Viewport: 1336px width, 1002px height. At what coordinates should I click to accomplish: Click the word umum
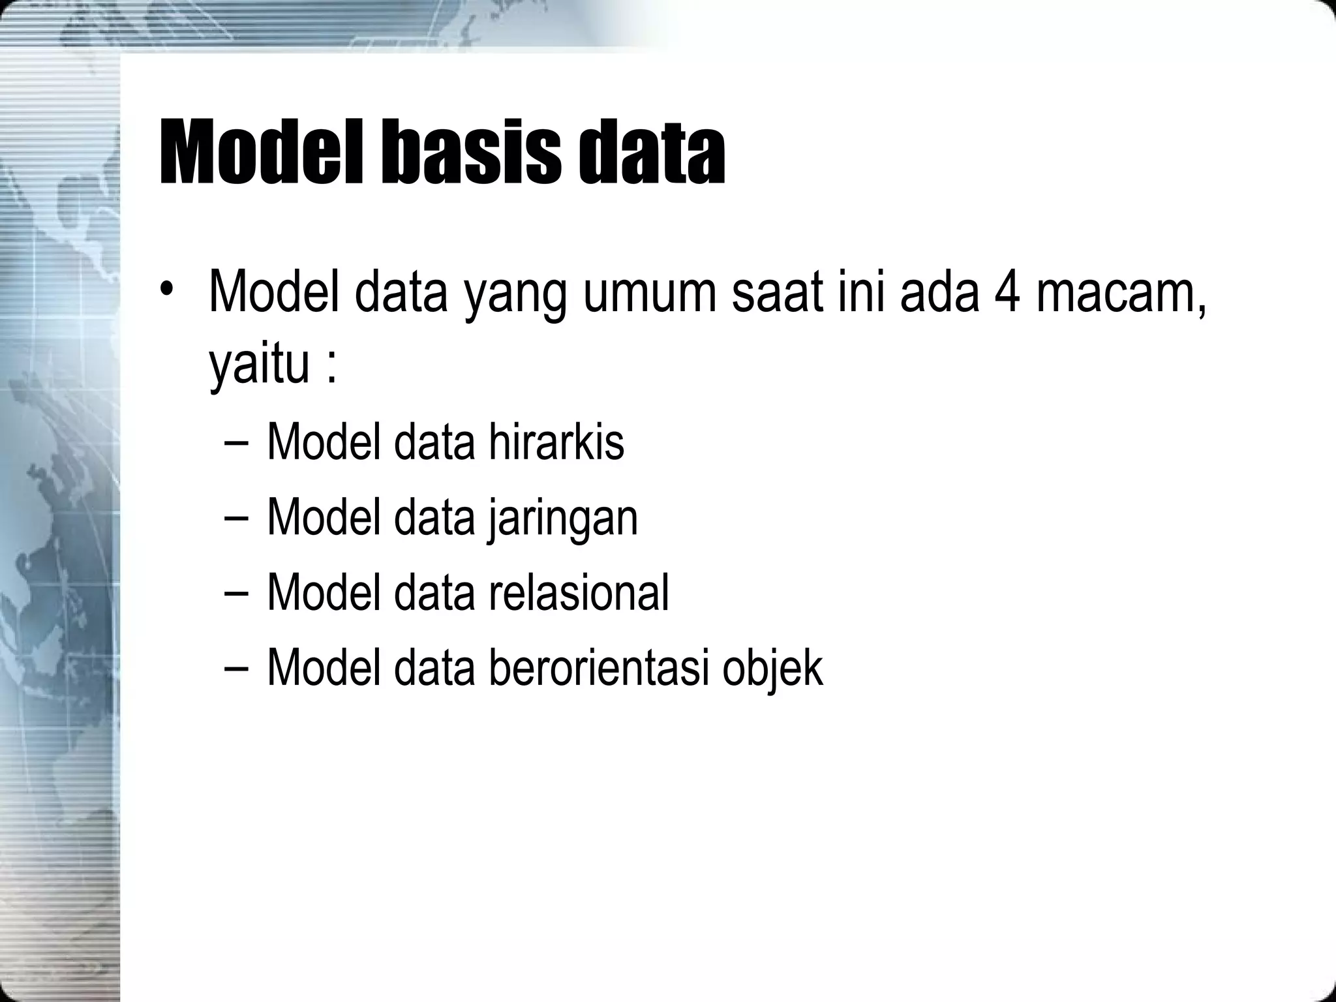[x=648, y=294]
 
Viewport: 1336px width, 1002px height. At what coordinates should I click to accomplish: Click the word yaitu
[x=259, y=365]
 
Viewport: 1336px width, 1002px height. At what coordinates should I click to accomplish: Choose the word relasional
[x=578, y=592]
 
